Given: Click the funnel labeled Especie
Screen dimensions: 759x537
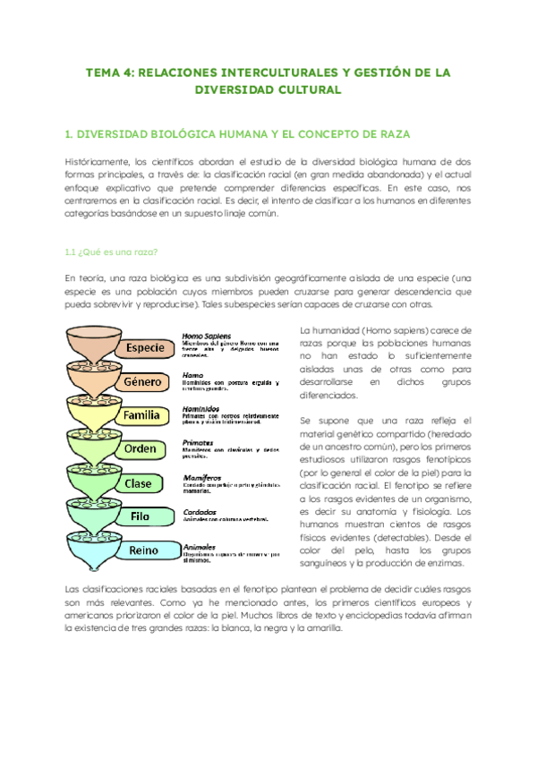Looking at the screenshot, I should [144, 346].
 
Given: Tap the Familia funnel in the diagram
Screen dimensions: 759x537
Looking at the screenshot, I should [142, 414].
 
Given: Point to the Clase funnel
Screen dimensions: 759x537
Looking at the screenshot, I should [138, 483].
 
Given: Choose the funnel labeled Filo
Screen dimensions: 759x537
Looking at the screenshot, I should [138, 516].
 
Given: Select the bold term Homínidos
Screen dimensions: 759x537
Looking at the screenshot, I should [203, 407].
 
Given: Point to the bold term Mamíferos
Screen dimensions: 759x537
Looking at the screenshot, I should [203, 477].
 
